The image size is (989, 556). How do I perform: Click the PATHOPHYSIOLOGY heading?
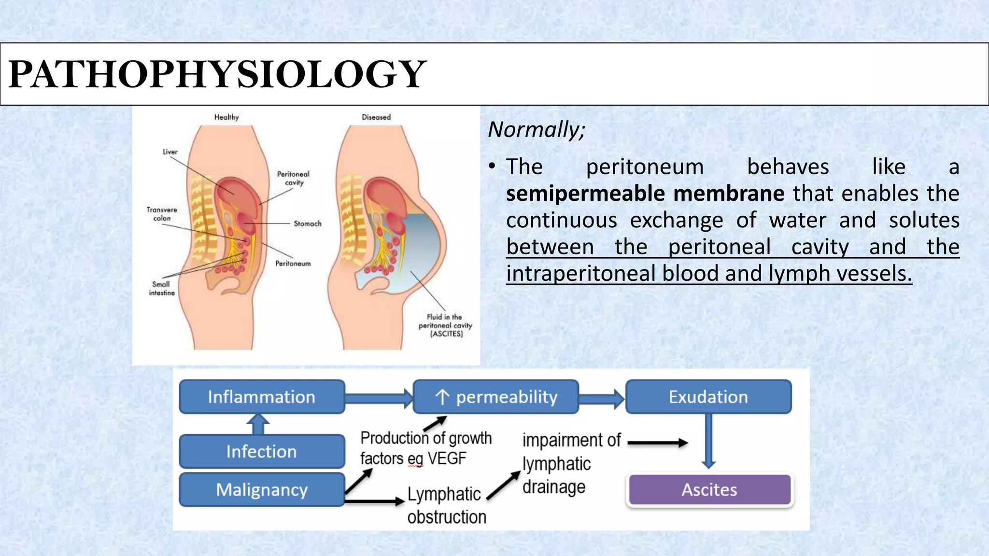click(x=217, y=74)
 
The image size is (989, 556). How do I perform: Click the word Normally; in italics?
click(x=536, y=130)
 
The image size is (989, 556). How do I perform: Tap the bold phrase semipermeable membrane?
click(x=645, y=194)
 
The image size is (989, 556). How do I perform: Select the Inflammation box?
click(x=262, y=397)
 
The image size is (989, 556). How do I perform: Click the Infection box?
click(x=262, y=451)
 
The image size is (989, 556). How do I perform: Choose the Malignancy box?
click(x=262, y=489)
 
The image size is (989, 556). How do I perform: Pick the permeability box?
click(x=496, y=397)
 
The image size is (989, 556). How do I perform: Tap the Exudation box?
click(x=708, y=397)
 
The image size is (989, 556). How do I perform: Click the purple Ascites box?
click(x=709, y=490)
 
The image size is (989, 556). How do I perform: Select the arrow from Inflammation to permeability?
click(x=379, y=398)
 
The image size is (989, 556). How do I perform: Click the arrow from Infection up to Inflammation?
click(x=258, y=424)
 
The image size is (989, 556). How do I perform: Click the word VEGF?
click(x=447, y=458)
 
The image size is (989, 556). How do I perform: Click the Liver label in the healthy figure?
click(x=170, y=152)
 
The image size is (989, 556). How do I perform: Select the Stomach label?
click(x=307, y=223)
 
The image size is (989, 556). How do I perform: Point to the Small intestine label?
click(x=161, y=288)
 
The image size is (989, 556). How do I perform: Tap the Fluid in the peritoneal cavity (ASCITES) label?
click(x=445, y=325)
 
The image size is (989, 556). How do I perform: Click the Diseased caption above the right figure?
click(x=376, y=117)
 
